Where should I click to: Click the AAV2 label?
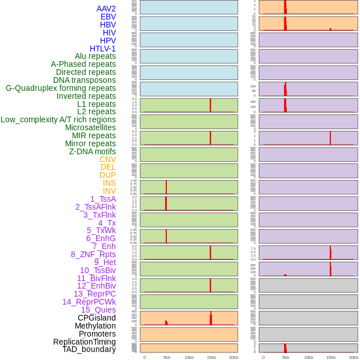106,9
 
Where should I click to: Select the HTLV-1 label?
102,49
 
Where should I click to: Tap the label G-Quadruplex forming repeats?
61,88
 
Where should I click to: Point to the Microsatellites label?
90,127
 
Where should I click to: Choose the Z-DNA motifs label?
92,151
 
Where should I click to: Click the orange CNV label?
107,159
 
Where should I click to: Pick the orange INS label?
109,183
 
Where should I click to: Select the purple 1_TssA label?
103,199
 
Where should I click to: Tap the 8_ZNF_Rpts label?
93,254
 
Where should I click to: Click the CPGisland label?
97,318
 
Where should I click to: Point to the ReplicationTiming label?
84,342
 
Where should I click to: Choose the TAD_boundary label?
89,349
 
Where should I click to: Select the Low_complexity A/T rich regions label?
58,119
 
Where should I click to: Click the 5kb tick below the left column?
167,357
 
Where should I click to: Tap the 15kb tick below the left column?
211,357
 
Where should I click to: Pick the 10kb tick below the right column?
308,357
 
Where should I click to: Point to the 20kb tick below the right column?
353,357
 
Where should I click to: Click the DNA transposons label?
85,80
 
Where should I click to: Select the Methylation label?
95,326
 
